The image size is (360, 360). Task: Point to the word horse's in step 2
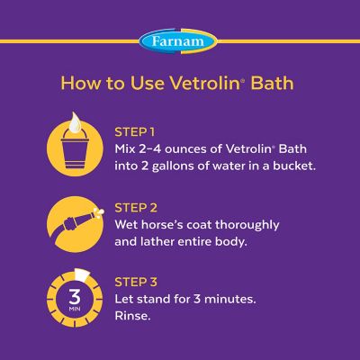[x=170, y=223]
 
